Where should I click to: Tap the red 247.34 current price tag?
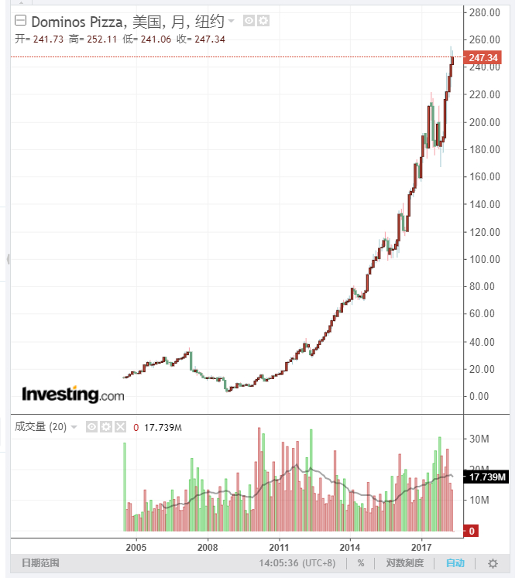pos(483,57)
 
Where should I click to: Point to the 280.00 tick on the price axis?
pos(485,12)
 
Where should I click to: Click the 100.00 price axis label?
pos(485,259)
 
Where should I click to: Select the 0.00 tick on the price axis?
pos(479,396)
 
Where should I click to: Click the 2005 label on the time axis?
pos(136,547)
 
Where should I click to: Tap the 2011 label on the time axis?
pos(279,547)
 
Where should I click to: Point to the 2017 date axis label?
pos(421,547)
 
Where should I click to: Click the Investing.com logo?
pos(73,395)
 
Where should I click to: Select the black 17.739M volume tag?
pos(486,477)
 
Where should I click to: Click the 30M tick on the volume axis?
pos(479,439)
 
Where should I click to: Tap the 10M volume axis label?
pos(479,501)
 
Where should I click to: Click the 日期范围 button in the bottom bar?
pos(40,563)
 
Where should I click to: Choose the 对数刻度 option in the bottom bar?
pos(405,563)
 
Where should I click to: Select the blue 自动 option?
pos(455,563)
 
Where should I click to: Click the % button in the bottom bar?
pos(361,563)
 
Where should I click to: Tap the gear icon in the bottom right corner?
pos(493,563)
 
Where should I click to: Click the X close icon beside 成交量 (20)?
pos(120,427)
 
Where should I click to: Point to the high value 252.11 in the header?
pos(102,39)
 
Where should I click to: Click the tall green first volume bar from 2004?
pos(125,487)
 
